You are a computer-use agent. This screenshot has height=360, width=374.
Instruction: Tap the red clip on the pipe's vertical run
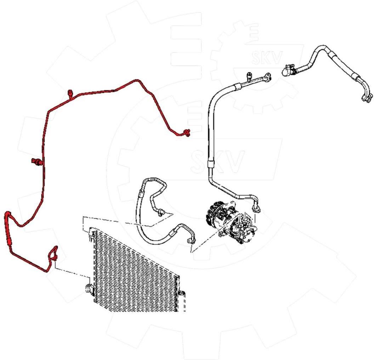(36, 162)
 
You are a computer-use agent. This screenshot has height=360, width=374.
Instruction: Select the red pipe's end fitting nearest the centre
(186, 133)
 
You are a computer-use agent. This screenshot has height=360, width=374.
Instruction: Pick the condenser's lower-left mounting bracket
(89, 288)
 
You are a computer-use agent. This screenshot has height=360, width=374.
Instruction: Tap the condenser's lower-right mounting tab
(182, 294)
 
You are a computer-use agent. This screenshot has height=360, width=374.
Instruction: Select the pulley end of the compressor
(215, 214)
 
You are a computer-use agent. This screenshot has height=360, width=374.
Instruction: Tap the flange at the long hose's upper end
(267, 77)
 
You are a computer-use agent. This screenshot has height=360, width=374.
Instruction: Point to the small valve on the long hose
(249, 75)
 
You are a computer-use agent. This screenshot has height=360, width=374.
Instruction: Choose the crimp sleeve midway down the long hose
(211, 164)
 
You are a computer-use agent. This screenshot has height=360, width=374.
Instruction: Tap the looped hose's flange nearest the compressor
(192, 240)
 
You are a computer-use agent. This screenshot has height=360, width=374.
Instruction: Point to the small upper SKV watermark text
(267, 58)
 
